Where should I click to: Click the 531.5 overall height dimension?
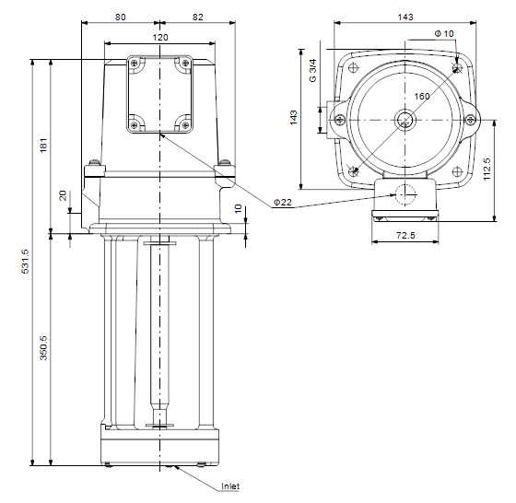click(x=26, y=262)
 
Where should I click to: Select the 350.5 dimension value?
click(x=44, y=347)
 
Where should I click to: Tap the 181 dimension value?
click(x=44, y=145)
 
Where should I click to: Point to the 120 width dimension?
click(x=160, y=38)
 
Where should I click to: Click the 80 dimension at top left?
click(x=121, y=18)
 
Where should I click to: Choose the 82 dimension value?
click(x=197, y=18)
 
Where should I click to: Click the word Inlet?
click(x=230, y=485)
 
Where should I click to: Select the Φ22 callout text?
click(x=283, y=203)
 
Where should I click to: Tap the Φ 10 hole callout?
click(x=444, y=33)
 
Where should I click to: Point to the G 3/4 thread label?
click(x=312, y=70)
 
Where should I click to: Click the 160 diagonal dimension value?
click(x=422, y=97)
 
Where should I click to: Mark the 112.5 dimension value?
click(x=487, y=170)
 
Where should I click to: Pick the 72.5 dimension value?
click(x=405, y=235)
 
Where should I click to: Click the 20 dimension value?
click(x=63, y=195)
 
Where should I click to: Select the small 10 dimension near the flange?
click(x=238, y=208)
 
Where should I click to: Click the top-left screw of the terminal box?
click(x=134, y=63)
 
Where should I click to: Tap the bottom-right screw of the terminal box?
click(x=185, y=124)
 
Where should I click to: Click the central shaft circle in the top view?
click(x=405, y=120)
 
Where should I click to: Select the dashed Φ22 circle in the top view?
click(x=405, y=194)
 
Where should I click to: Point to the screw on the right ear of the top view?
click(x=471, y=120)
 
